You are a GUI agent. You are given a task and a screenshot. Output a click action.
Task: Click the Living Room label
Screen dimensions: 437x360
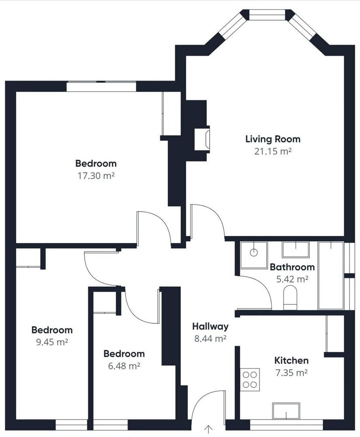[273, 139]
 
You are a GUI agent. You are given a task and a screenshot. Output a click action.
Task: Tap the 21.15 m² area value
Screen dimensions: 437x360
[273, 151]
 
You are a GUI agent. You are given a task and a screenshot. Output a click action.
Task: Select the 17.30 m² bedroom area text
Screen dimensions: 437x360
[96, 176]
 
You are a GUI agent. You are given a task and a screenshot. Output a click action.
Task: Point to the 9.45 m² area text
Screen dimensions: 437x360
[52, 342]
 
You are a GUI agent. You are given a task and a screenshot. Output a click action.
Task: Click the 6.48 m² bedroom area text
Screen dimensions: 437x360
[124, 365]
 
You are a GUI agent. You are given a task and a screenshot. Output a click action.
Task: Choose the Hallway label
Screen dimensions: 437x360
[210, 326]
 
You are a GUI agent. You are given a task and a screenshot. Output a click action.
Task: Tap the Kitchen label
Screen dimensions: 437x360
[291, 361]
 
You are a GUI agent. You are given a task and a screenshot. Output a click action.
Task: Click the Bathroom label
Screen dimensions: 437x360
[292, 267]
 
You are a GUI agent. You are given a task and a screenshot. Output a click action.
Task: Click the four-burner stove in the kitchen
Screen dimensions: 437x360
[250, 379]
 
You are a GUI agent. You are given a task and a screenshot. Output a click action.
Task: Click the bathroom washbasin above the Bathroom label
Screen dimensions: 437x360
[295, 250]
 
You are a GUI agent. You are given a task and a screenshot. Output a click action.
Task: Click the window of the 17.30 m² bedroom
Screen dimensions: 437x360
[101, 86]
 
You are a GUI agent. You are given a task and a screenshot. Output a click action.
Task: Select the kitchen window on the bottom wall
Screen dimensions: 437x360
[286, 424]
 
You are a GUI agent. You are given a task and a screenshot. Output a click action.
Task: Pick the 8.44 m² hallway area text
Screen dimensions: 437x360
[210, 338]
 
